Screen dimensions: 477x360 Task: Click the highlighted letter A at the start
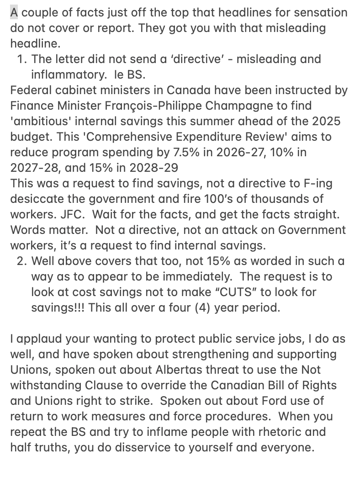pos(15,12)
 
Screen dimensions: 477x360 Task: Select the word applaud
pos(36,339)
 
